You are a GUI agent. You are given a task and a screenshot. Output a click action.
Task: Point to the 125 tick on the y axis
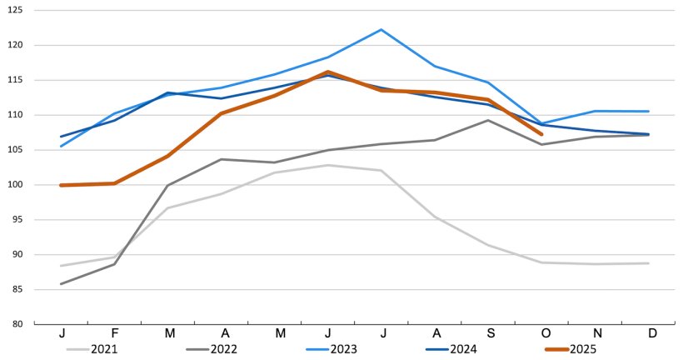pyautogui.click(x=17, y=10)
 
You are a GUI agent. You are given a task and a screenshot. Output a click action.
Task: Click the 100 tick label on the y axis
pyautogui.click(x=17, y=184)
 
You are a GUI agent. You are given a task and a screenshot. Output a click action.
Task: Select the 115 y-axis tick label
pyautogui.click(x=17, y=80)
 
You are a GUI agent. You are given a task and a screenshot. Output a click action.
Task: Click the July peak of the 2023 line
pyautogui.click(x=381, y=30)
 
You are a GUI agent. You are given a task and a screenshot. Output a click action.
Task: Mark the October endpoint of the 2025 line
pyautogui.click(x=541, y=133)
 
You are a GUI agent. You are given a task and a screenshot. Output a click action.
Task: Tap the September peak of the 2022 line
pyautogui.click(x=488, y=120)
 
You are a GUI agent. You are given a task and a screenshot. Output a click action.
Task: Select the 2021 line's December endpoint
pyautogui.click(x=648, y=263)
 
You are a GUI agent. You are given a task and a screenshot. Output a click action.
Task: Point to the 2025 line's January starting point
pyautogui.click(x=62, y=185)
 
